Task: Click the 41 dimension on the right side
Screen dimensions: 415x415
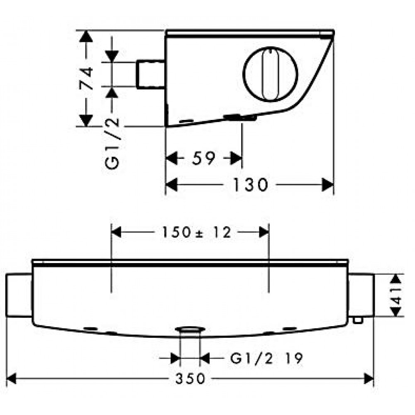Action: [397, 295]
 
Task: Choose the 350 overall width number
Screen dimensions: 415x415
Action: [190, 378]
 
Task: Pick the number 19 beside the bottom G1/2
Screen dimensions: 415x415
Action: [293, 358]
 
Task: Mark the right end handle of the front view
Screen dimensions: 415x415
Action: [361, 295]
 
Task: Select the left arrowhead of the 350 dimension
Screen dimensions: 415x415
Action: [12, 378]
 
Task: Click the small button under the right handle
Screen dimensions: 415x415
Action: [357, 320]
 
